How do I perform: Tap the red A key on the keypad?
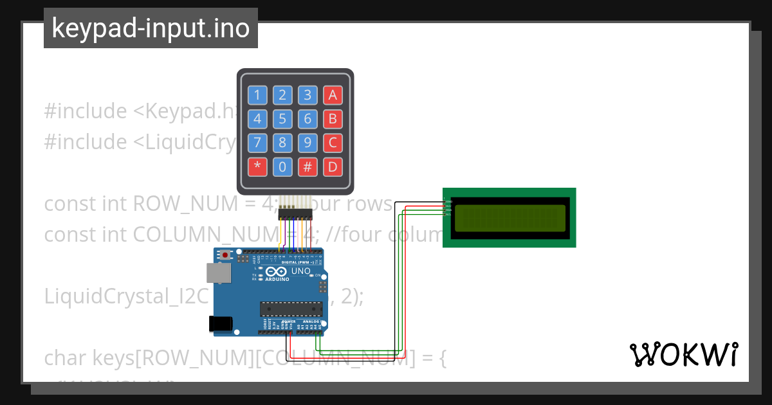click(x=333, y=96)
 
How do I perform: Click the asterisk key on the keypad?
click(x=257, y=167)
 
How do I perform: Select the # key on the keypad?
click(x=308, y=167)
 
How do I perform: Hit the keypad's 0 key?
click(x=282, y=167)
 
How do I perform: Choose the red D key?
click(x=333, y=167)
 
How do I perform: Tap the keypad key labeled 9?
click(x=308, y=143)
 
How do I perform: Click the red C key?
click(x=333, y=143)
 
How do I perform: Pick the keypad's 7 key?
click(x=257, y=143)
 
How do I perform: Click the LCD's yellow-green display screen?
click(x=510, y=217)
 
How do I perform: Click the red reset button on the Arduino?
click(x=225, y=256)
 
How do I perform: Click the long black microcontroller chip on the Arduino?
click(x=291, y=309)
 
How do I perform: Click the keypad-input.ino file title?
click(x=151, y=28)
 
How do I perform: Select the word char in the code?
click(x=66, y=357)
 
